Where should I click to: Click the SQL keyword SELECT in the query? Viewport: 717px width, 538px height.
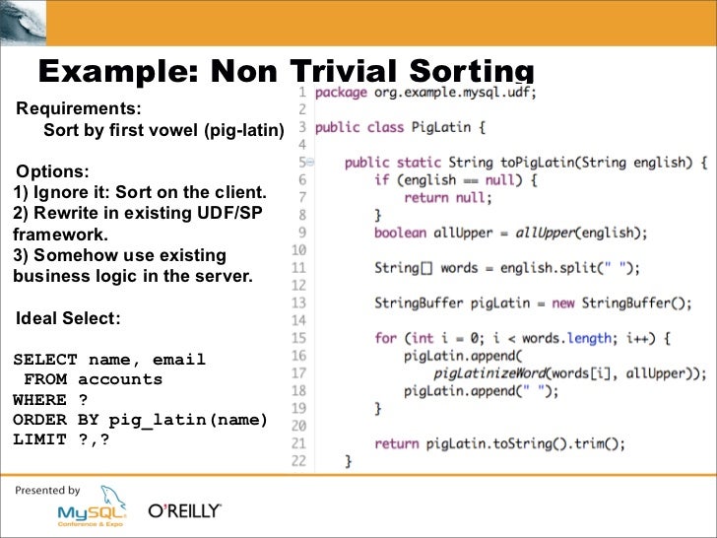(x=45, y=360)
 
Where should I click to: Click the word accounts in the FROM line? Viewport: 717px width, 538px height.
(x=120, y=379)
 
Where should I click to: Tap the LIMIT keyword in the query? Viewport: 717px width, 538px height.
(x=39, y=439)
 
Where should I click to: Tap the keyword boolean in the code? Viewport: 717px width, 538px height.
(x=400, y=233)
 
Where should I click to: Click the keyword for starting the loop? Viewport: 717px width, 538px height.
(x=385, y=337)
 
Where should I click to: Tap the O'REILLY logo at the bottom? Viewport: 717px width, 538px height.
(x=184, y=512)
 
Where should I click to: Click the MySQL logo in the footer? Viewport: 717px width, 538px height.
(x=89, y=511)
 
